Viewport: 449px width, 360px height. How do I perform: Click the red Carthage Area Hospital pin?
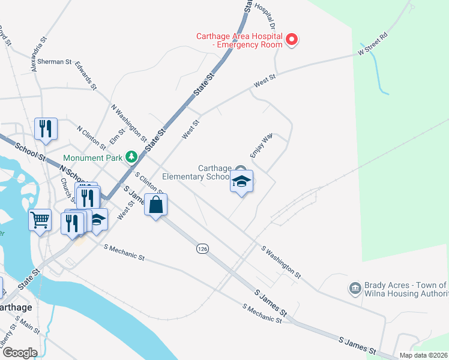coord(292,40)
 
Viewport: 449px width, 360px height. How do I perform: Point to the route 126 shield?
coord(202,248)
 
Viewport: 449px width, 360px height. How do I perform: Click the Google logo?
coord(19,353)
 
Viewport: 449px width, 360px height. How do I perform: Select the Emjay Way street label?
coord(262,145)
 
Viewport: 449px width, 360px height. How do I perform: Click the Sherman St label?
coord(55,62)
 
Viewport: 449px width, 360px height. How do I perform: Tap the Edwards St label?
coord(86,75)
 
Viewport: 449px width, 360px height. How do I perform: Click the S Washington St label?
coord(280,261)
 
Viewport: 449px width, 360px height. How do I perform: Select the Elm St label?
coord(117,139)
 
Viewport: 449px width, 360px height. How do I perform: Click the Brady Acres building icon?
coord(355,289)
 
